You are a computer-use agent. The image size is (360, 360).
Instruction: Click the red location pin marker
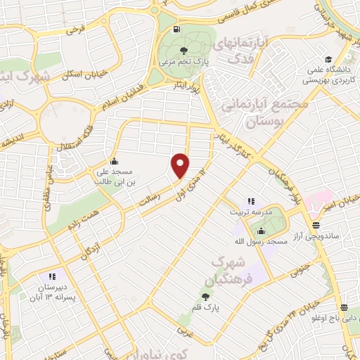[x=181, y=165]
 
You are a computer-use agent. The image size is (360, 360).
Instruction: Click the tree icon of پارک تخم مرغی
[x=184, y=50]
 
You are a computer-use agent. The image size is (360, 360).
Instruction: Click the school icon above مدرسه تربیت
[x=251, y=202]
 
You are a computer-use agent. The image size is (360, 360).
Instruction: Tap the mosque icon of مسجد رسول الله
[x=262, y=231]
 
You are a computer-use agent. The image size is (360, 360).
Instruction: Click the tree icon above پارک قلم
[x=206, y=297]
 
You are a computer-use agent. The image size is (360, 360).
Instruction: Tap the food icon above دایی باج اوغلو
[x=344, y=307]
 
